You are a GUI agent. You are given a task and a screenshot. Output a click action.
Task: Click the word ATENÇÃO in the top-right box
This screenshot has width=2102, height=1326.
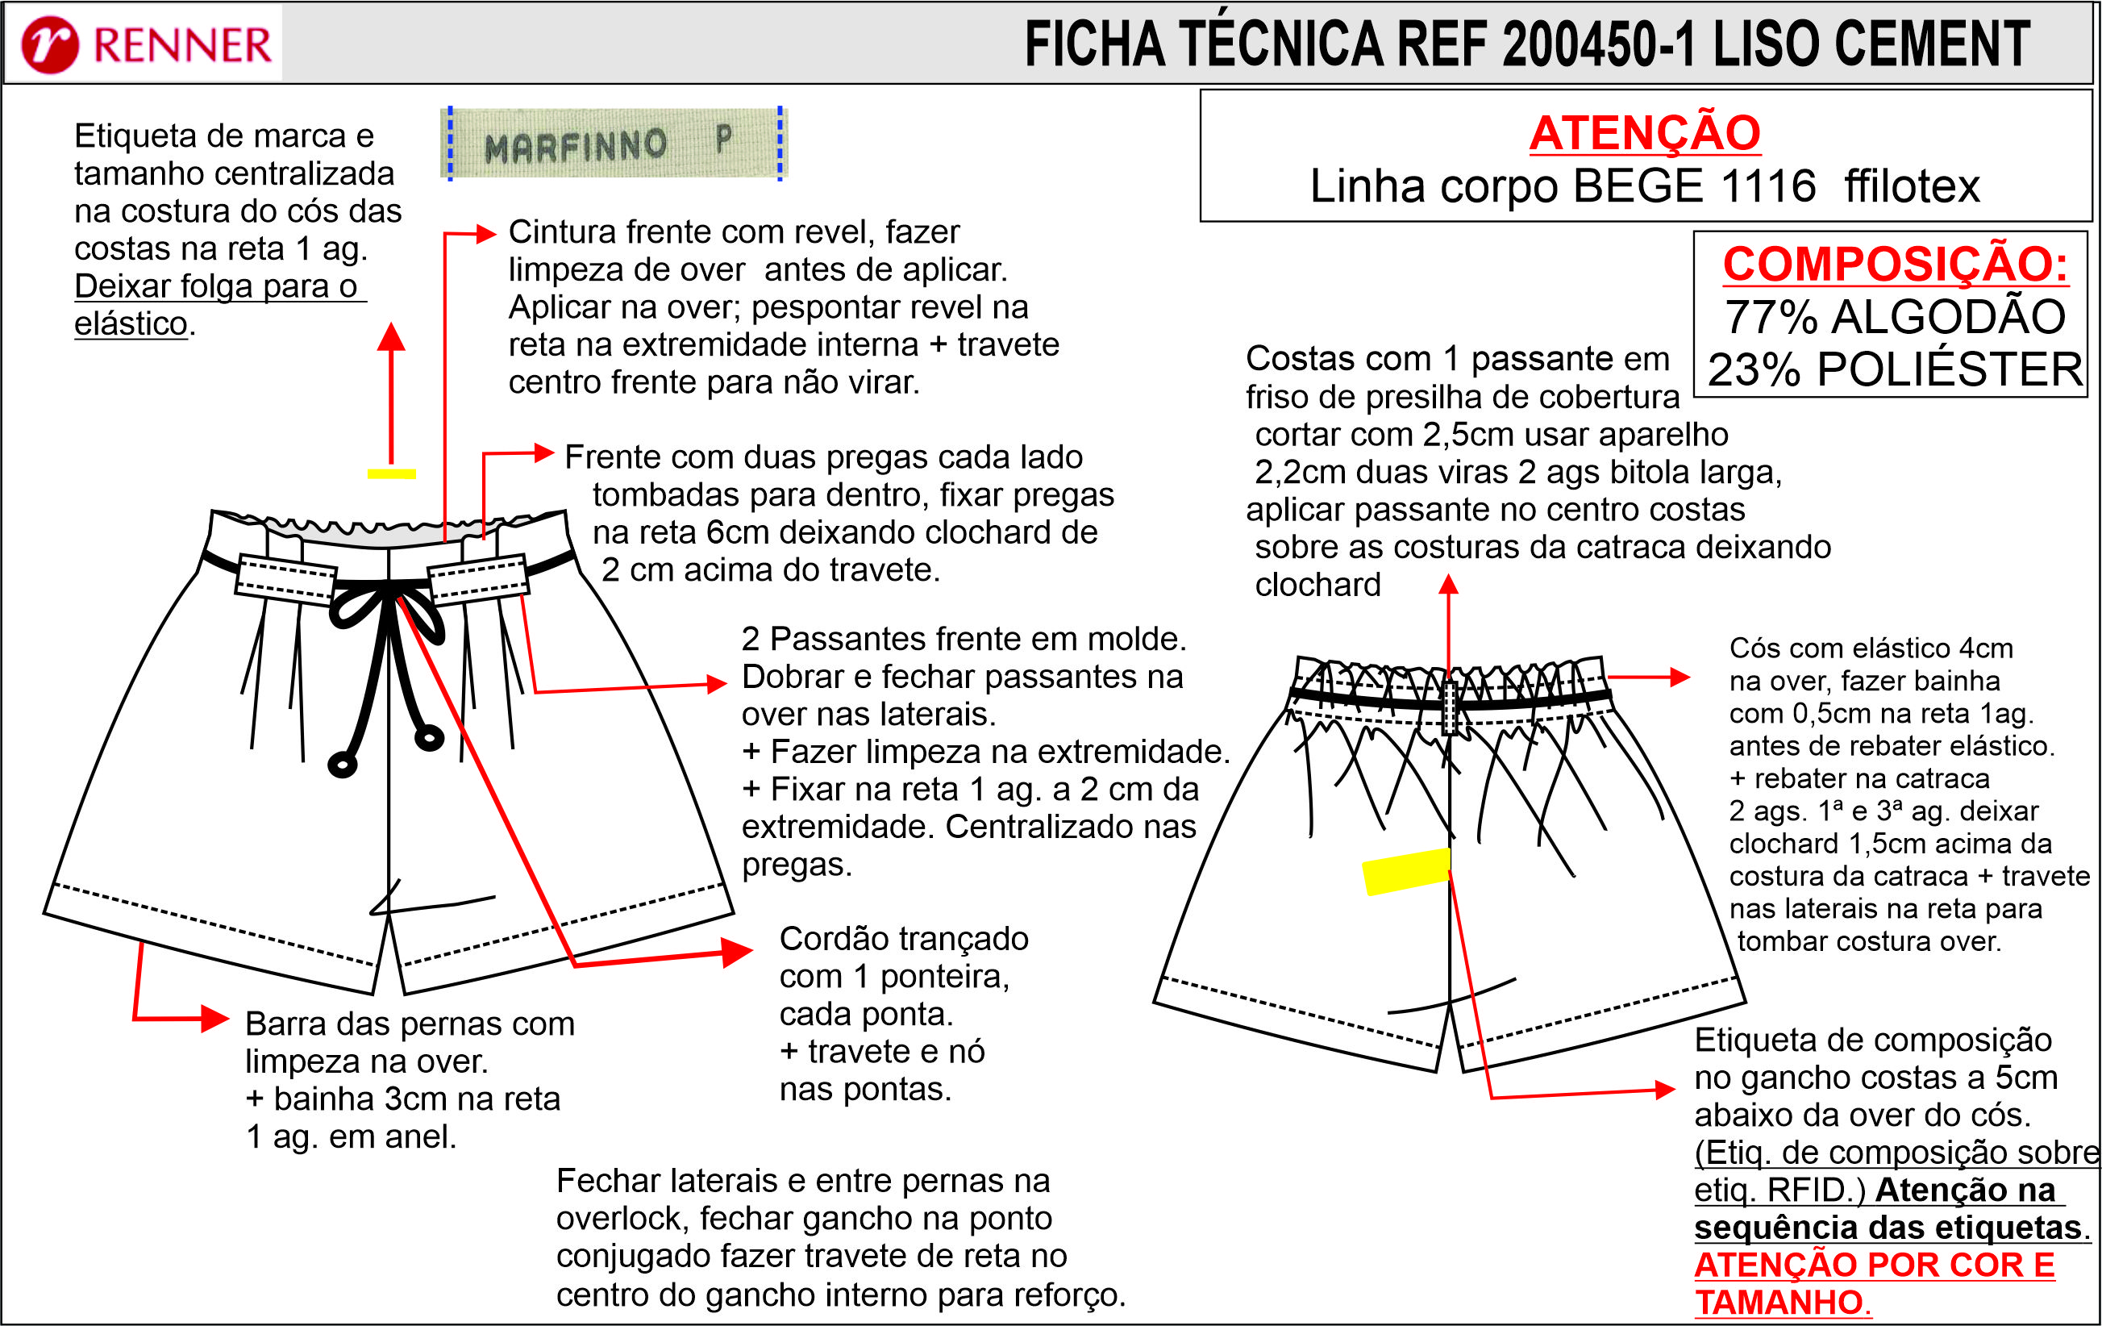1645,134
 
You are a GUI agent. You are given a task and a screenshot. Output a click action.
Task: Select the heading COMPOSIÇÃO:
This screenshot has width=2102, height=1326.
1894,264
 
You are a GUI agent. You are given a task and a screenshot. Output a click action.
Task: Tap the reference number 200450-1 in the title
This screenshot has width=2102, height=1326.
1597,44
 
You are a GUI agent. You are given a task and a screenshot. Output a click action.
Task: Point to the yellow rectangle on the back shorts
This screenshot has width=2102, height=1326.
1406,871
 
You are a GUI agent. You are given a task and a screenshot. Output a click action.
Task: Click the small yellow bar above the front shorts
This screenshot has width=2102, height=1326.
391,474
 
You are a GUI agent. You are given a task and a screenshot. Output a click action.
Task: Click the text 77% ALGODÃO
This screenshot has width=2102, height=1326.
1894,317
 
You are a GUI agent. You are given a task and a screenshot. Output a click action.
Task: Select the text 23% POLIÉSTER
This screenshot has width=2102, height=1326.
1894,370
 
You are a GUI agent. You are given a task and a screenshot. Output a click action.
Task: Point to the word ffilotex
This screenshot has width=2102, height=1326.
1912,186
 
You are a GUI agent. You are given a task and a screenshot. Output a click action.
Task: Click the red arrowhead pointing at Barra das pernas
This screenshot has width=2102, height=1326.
214,1018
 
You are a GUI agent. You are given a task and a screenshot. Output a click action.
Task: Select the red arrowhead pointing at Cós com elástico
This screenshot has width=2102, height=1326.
1680,677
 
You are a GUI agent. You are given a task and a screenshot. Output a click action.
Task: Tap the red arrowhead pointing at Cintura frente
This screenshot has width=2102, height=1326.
486,233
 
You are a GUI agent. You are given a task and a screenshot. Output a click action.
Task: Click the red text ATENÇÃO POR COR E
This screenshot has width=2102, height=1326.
1874,1265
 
